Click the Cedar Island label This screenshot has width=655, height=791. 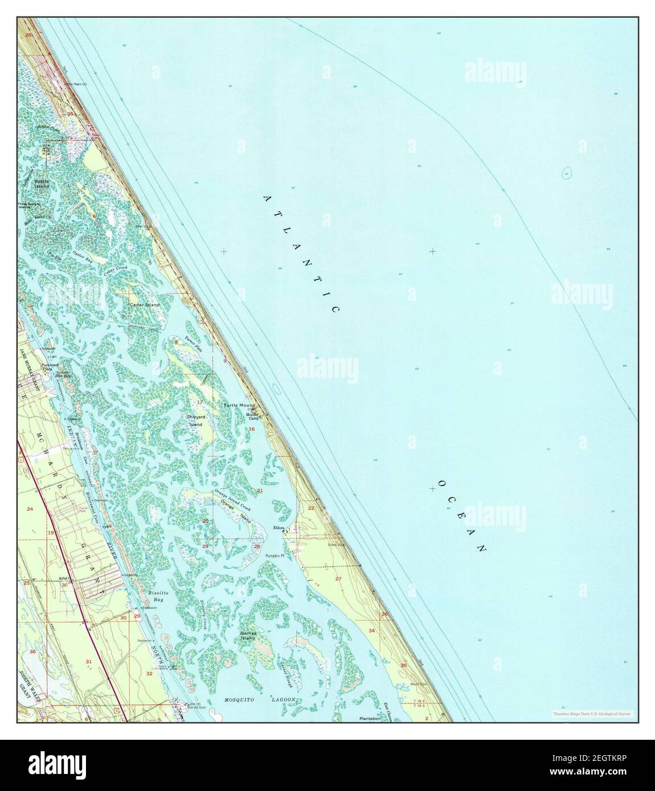click(x=145, y=305)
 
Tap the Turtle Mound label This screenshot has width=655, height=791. click(x=239, y=406)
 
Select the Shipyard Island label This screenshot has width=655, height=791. click(x=195, y=421)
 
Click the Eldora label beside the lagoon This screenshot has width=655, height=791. click(x=279, y=527)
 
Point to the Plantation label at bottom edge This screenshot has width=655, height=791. click(x=370, y=719)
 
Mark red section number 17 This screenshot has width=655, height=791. click(x=200, y=402)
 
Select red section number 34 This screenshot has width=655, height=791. click(x=372, y=631)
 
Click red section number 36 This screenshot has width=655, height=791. click(x=32, y=652)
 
